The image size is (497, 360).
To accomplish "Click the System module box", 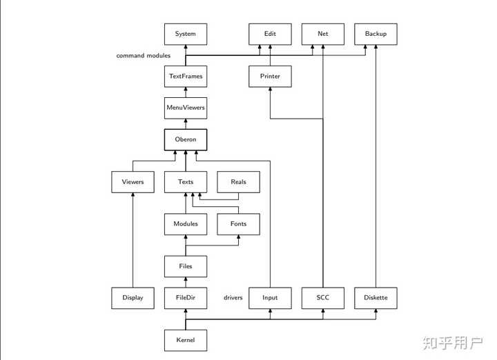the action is point(186,34).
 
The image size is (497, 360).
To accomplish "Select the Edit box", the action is point(270,34).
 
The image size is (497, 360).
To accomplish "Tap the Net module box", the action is point(322,34).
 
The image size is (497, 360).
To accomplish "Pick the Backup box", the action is point(376,34).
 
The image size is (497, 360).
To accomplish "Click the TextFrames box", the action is point(186,77).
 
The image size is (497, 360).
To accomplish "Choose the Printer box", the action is point(270,77).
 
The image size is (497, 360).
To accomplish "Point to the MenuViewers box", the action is point(186,108).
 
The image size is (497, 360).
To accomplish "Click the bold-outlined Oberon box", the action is point(186,139).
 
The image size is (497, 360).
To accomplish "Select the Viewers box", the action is point(133,182).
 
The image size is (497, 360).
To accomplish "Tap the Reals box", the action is point(238,182).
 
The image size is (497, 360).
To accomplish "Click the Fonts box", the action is point(238,224).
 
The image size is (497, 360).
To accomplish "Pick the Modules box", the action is point(186,224).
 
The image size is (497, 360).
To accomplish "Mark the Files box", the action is point(186,266).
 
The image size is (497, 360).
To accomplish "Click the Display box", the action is point(133,298).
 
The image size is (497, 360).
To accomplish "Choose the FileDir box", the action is point(186,298).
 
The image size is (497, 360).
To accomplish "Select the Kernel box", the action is point(186,340).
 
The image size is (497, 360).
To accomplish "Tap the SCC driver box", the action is point(322,298).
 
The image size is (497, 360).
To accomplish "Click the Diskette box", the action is point(376,298).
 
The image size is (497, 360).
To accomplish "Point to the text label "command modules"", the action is point(144,55).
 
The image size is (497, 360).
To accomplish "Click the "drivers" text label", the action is point(233,298).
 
